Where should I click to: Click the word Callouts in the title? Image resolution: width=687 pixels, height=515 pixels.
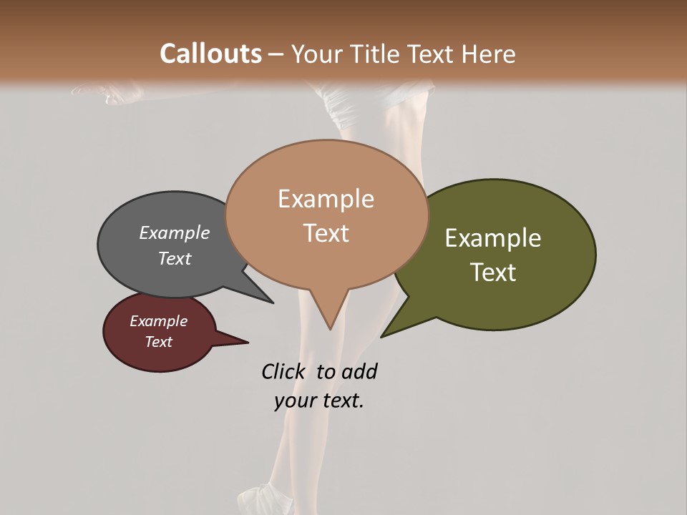tap(210, 54)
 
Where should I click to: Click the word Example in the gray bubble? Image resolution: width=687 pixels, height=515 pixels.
tap(174, 232)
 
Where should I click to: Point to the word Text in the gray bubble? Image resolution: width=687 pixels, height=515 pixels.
tap(174, 258)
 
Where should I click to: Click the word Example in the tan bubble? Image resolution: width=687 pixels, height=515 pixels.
tap(326, 199)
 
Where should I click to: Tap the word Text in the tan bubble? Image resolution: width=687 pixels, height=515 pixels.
tap(326, 233)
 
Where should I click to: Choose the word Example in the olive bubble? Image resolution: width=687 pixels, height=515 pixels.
tap(493, 238)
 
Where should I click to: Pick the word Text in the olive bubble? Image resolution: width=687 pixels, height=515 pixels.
tap(493, 273)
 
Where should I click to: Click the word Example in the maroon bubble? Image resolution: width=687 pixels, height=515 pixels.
tap(158, 321)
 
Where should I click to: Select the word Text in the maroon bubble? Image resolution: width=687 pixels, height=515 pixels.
tap(158, 342)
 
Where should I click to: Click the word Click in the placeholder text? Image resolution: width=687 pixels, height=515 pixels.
tap(285, 371)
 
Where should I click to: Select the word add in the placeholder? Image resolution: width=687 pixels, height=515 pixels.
tap(359, 371)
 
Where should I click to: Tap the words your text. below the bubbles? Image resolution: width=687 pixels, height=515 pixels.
tap(318, 401)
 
